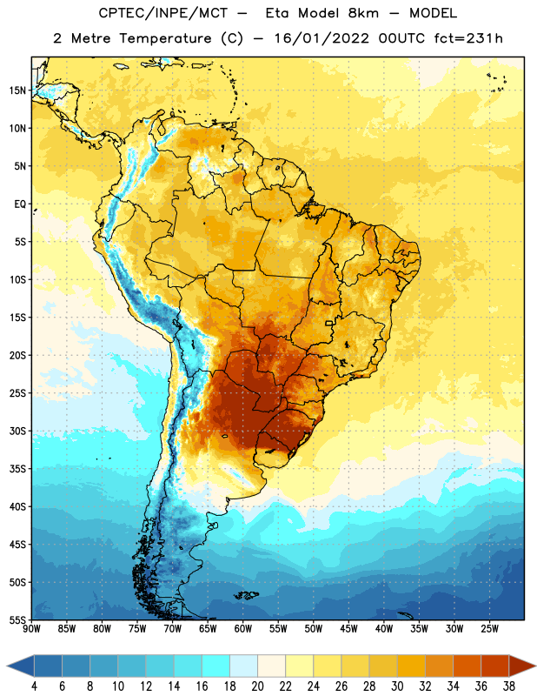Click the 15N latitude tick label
click(17, 90)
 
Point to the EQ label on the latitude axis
click(20, 204)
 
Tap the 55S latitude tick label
click(17, 619)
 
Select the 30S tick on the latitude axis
click(17, 431)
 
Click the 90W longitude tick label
click(32, 628)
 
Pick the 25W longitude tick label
click(489, 628)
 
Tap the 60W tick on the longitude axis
click(243, 628)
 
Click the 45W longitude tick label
click(348, 628)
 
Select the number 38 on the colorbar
click(509, 686)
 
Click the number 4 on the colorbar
click(34, 686)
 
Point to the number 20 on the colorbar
click(257, 686)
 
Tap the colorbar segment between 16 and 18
click(216, 666)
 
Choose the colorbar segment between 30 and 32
click(411, 666)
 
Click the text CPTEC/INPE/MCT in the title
click(162, 13)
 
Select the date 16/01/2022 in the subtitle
click(322, 38)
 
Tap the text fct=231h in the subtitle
click(468, 38)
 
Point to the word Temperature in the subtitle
click(165, 38)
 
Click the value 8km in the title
click(363, 13)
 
